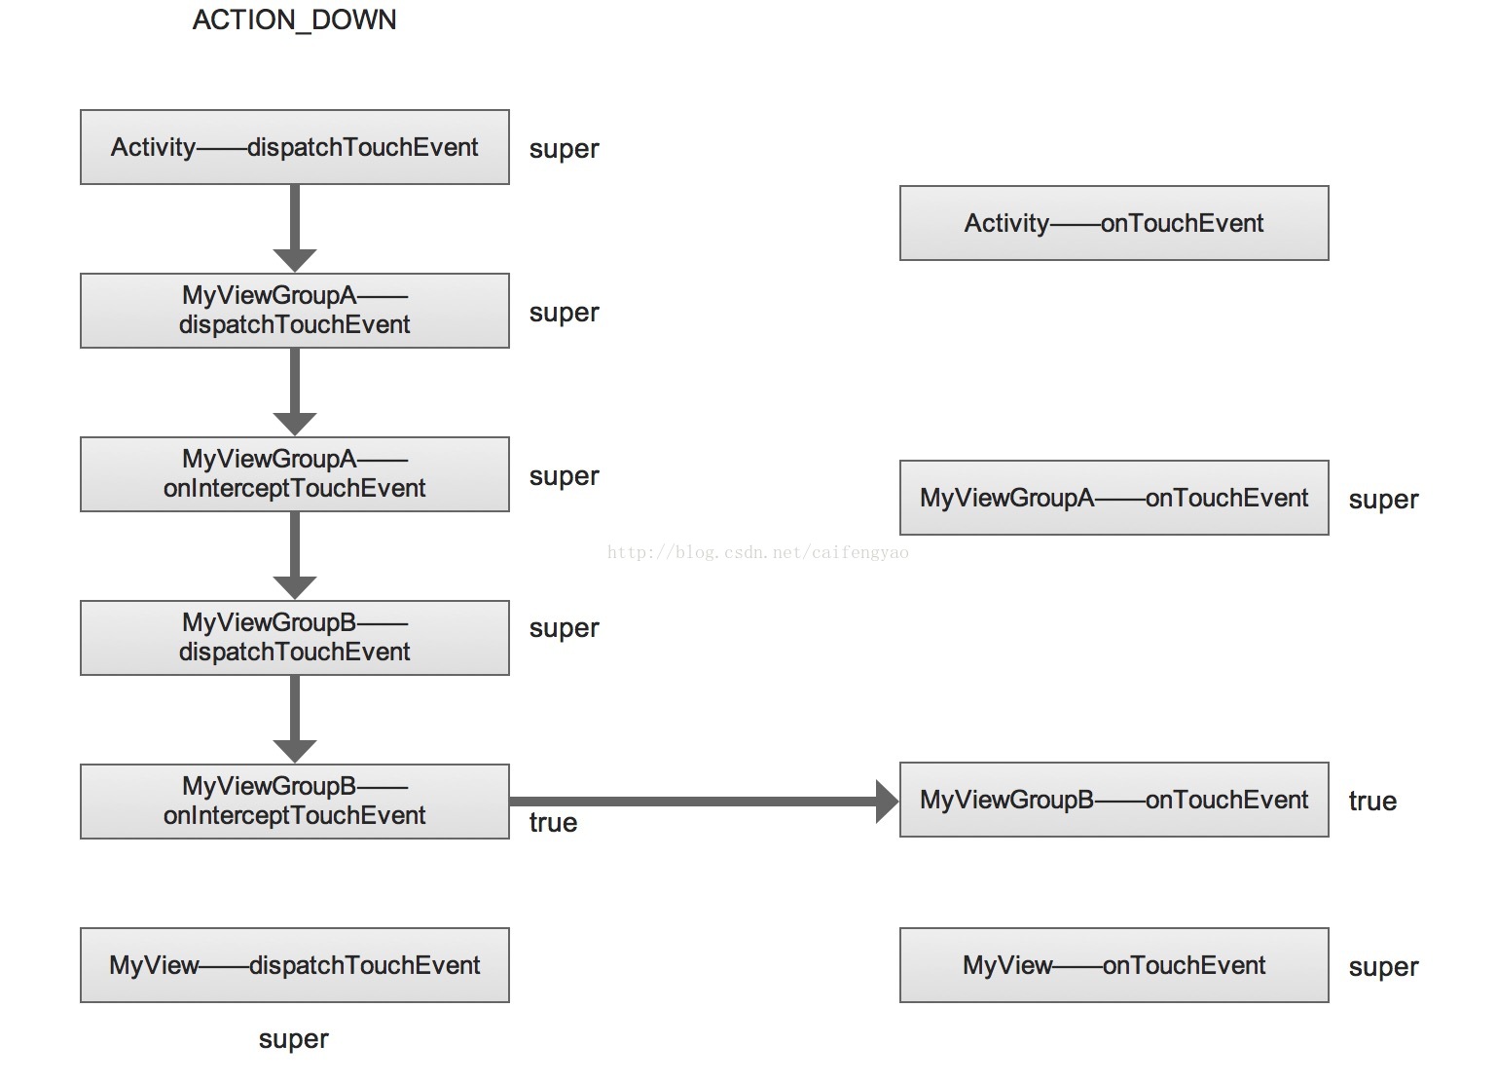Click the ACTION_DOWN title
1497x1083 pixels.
[x=295, y=20]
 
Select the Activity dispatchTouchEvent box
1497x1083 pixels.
[x=295, y=147]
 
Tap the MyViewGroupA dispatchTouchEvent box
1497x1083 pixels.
[x=295, y=310]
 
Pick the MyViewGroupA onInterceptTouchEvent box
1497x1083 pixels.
[x=295, y=474]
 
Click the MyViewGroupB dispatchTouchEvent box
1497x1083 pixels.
[x=295, y=638]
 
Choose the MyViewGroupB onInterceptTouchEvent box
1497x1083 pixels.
[x=295, y=802]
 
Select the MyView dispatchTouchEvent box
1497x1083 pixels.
[x=295, y=965]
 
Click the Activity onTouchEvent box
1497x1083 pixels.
[x=1114, y=223]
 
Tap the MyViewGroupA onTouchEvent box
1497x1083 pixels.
[x=1114, y=498]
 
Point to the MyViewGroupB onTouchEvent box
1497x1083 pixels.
[x=1114, y=800]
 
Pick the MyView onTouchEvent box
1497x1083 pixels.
[x=1114, y=965]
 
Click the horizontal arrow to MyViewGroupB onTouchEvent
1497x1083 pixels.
[x=705, y=801]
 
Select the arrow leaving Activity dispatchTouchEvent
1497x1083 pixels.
[x=295, y=228]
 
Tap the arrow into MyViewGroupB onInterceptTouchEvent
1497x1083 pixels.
[x=295, y=720]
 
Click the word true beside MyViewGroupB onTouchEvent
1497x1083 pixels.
[x=1372, y=801]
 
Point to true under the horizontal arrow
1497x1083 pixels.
[x=554, y=822]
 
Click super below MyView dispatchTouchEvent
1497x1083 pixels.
[x=293, y=1039]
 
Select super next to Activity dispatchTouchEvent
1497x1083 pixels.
[x=564, y=149]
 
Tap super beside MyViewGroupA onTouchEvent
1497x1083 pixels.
[x=1383, y=500]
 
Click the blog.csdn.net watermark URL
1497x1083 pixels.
[x=758, y=552]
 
